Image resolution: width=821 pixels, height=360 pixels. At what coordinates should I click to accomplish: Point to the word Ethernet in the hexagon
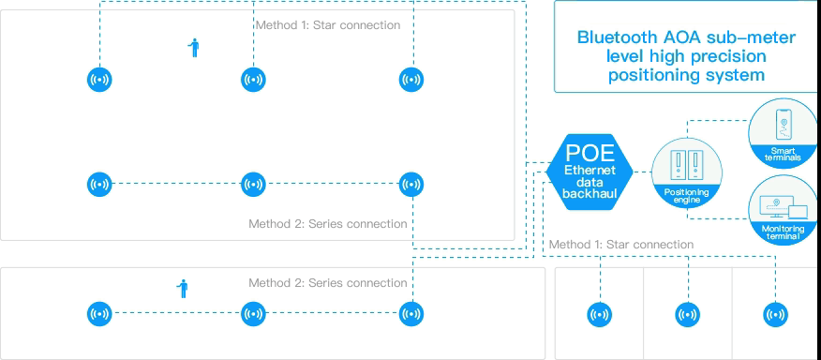590,170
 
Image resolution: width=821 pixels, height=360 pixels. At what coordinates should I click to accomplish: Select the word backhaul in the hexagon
590,194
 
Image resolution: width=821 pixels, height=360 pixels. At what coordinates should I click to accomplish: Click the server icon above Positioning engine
686,165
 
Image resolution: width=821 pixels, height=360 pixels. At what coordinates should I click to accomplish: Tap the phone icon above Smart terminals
784,127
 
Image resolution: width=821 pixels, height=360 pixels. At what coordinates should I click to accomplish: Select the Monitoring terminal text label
783,232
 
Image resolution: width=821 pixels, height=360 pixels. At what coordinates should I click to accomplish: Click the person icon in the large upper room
194,48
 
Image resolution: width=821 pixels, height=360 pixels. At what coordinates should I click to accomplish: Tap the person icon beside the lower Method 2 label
184,289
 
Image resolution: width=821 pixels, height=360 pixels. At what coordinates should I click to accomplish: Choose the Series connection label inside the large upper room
327,224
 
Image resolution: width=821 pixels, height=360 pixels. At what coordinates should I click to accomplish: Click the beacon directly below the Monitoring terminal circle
775,315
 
